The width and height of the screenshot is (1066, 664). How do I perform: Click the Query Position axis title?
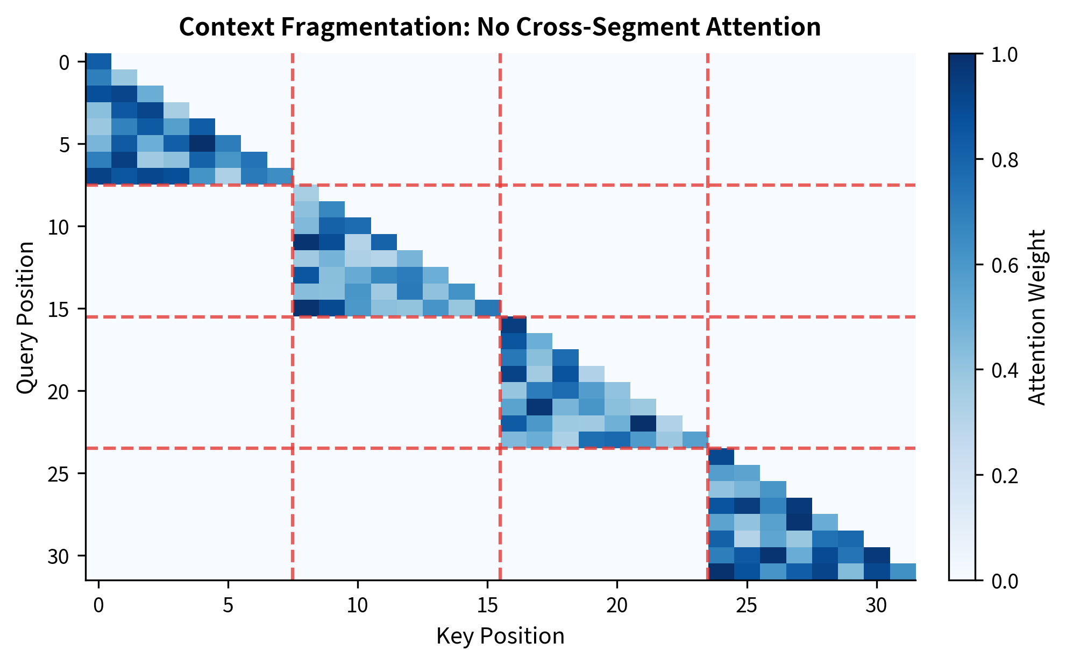pyautogui.click(x=25, y=317)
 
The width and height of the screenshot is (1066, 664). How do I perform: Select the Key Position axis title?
pyautogui.click(x=500, y=636)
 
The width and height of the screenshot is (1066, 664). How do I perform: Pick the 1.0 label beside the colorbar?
pyautogui.click(x=1004, y=54)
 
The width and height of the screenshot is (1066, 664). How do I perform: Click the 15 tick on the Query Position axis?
pyautogui.click(x=59, y=308)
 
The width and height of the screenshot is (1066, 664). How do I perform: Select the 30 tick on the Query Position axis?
pyautogui.click(x=59, y=555)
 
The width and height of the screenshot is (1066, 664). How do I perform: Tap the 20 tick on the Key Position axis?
pyautogui.click(x=617, y=605)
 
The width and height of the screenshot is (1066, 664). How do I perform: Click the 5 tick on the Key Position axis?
pyautogui.click(x=228, y=605)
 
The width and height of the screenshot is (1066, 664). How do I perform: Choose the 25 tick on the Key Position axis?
pyautogui.click(x=747, y=605)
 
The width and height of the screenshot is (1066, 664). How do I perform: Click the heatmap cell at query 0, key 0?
pyautogui.click(x=98, y=61)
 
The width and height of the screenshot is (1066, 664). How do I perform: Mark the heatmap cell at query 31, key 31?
pyautogui.click(x=902, y=571)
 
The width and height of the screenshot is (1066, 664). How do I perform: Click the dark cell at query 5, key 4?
pyautogui.click(x=202, y=144)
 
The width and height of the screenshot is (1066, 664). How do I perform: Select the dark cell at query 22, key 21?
pyautogui.click(x=643, y=423)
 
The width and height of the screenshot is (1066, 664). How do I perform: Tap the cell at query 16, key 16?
pyautogui.click(x=514, y=325)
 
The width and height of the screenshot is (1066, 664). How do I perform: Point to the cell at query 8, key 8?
pyautogui.click(x=306, y=193)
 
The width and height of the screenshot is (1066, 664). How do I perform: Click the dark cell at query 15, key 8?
pyautogui.click(x=306, y=308)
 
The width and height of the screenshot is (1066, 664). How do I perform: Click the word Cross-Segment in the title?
pyautogui.click(x=613, y=27)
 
